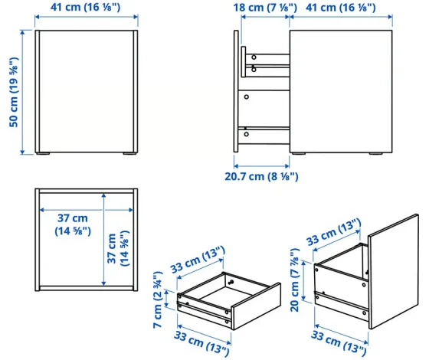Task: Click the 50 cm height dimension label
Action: [14, 93]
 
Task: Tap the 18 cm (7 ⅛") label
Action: [265, 8]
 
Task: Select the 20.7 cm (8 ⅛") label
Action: [261, 176]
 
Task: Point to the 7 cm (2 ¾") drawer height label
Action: [158, 299]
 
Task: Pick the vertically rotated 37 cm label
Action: [118, 249]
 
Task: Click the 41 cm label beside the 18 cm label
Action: [341, 8]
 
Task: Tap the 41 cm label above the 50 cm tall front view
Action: [85, 7]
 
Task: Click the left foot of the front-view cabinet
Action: [43, 154]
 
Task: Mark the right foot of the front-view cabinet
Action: [129, 154]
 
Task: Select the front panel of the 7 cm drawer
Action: [256, 306]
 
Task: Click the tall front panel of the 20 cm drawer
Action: [393, 271]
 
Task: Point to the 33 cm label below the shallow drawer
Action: [201, 343]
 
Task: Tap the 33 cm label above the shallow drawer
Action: [198, 260]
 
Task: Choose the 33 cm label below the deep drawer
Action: [338, 343]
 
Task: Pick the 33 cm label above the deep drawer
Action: [334, 232]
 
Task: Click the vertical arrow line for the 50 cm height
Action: [23, 92]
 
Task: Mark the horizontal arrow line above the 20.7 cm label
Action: [262, 166]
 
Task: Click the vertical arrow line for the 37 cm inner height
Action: [103, 240]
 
